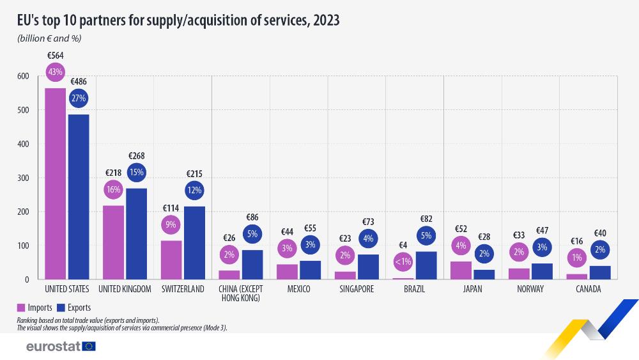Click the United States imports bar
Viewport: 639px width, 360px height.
click(55, 184)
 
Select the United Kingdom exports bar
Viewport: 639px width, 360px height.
click(137, 233)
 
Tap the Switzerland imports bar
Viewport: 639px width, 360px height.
click(171, 260)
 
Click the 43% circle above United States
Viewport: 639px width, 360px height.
click(55, 72)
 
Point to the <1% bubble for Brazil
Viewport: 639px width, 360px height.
click(403, 261)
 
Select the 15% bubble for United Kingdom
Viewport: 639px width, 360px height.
click(137, 171)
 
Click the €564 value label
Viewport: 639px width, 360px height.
click(55, 56)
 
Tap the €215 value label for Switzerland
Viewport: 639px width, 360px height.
click(195, 173)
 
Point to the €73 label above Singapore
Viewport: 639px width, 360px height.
click(368, 222)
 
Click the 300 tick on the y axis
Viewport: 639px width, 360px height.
click(23, 178)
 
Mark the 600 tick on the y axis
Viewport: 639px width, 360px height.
click(23, 76)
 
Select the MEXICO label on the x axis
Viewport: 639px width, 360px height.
click(298, 290)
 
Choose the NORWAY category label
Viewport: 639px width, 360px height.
click(530, 290)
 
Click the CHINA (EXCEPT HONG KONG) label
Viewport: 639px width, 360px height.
click(241, 293)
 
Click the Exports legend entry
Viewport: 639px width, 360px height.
click(74, 308)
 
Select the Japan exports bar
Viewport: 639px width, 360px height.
click(484, 274)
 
